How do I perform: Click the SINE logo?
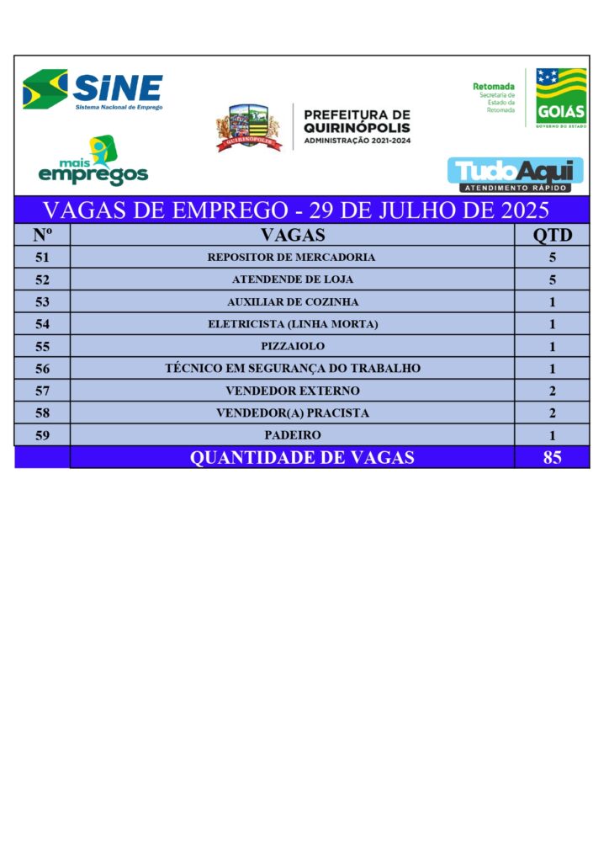93,90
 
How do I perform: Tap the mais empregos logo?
93,162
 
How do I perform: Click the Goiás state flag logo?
561,98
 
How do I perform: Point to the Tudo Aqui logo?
515,174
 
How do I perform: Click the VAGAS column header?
292,235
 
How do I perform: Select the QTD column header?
552,235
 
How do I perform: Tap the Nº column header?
42,235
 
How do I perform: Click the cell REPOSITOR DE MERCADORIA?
292,258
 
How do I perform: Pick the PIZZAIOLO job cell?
292,346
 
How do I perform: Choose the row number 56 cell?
42,369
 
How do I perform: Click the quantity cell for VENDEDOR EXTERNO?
552,391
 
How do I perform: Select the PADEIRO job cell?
292,435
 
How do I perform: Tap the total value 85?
552,457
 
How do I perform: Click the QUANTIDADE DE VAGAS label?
302,457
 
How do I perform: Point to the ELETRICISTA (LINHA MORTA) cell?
292,324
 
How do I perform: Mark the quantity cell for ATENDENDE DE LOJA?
552,279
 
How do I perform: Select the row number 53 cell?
42,301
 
